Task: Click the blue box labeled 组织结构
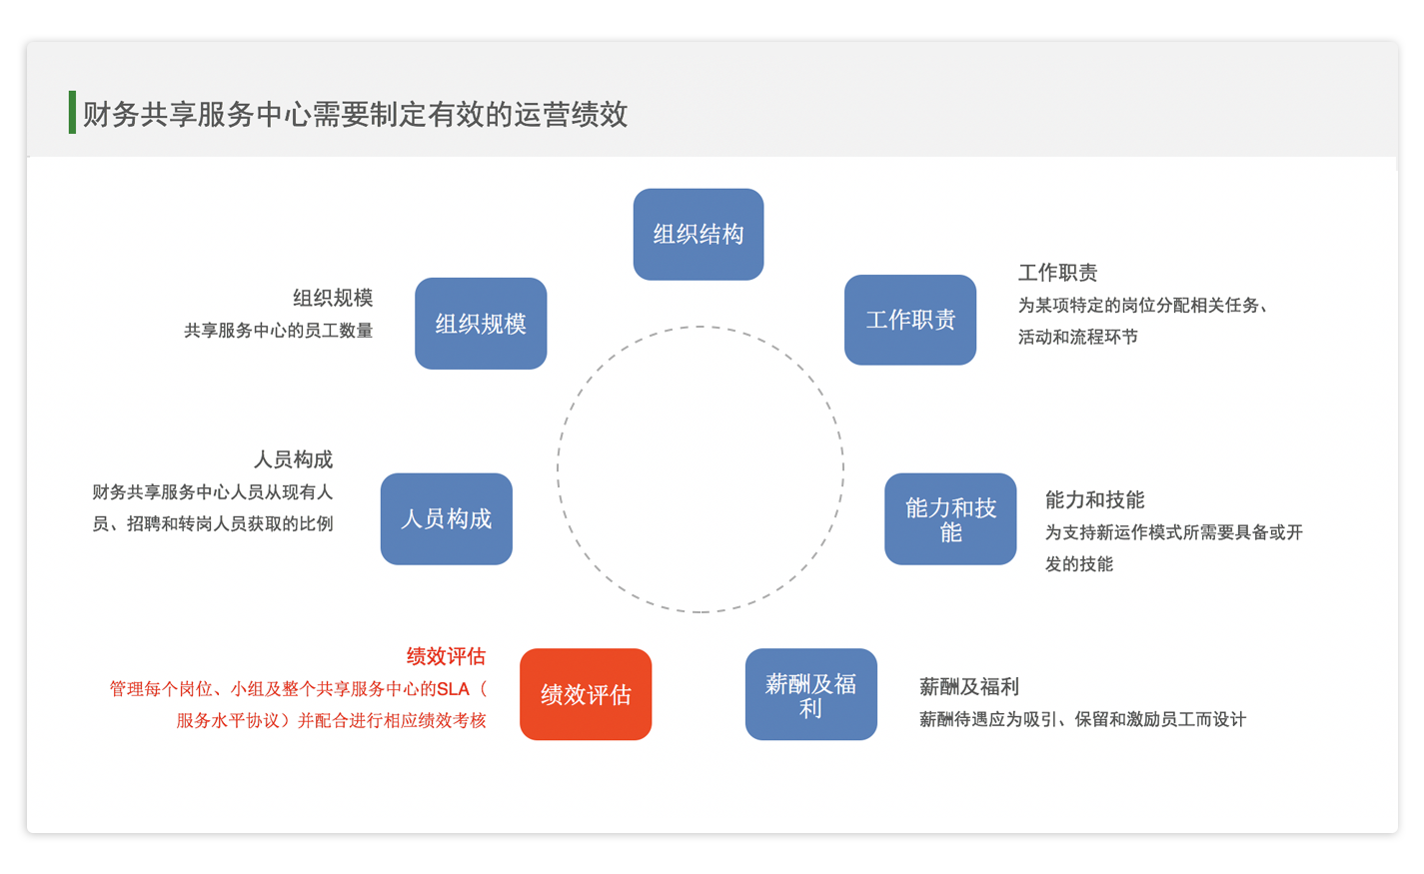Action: click(699, 234)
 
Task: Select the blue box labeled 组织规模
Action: click(481, 324)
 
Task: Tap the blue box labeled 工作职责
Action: click(910, 320)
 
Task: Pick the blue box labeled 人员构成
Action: click(447, 518)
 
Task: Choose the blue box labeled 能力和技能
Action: click(950, 518)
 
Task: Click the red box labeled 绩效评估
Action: click(586, 694)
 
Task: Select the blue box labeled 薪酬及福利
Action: click(811, 694)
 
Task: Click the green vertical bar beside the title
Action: click(72, 113)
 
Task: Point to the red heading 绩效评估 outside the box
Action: click(447, 656)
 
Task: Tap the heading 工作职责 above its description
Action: click(1058, 273)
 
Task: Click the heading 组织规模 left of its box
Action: click(333, 298)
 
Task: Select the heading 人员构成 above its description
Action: click(293, 458)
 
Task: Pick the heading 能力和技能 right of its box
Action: click(1094, 499)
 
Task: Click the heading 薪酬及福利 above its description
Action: click(969, 686)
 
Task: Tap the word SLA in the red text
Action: click(454, 689)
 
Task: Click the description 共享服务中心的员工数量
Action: click(279, 331)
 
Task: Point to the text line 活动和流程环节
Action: click(1078, 337)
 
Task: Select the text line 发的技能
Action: click(1079, 563)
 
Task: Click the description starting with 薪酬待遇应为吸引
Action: click(1082, 719)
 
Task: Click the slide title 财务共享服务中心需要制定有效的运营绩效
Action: click(356, 115)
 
